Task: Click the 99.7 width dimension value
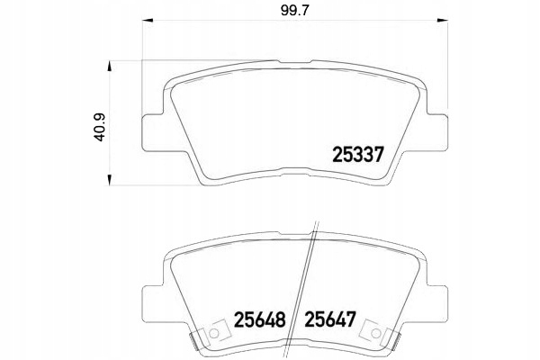point(295,11)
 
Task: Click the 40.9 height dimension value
point(100,128)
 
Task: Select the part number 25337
point(358,155)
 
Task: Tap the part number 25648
point(260,319)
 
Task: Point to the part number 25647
point(330,319)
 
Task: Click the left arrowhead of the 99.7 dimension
point(148,21)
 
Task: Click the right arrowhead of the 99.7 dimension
point(443,21)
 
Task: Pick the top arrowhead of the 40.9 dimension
point(110,67)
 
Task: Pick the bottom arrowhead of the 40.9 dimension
point(110,180)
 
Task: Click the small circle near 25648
point(214,333)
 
